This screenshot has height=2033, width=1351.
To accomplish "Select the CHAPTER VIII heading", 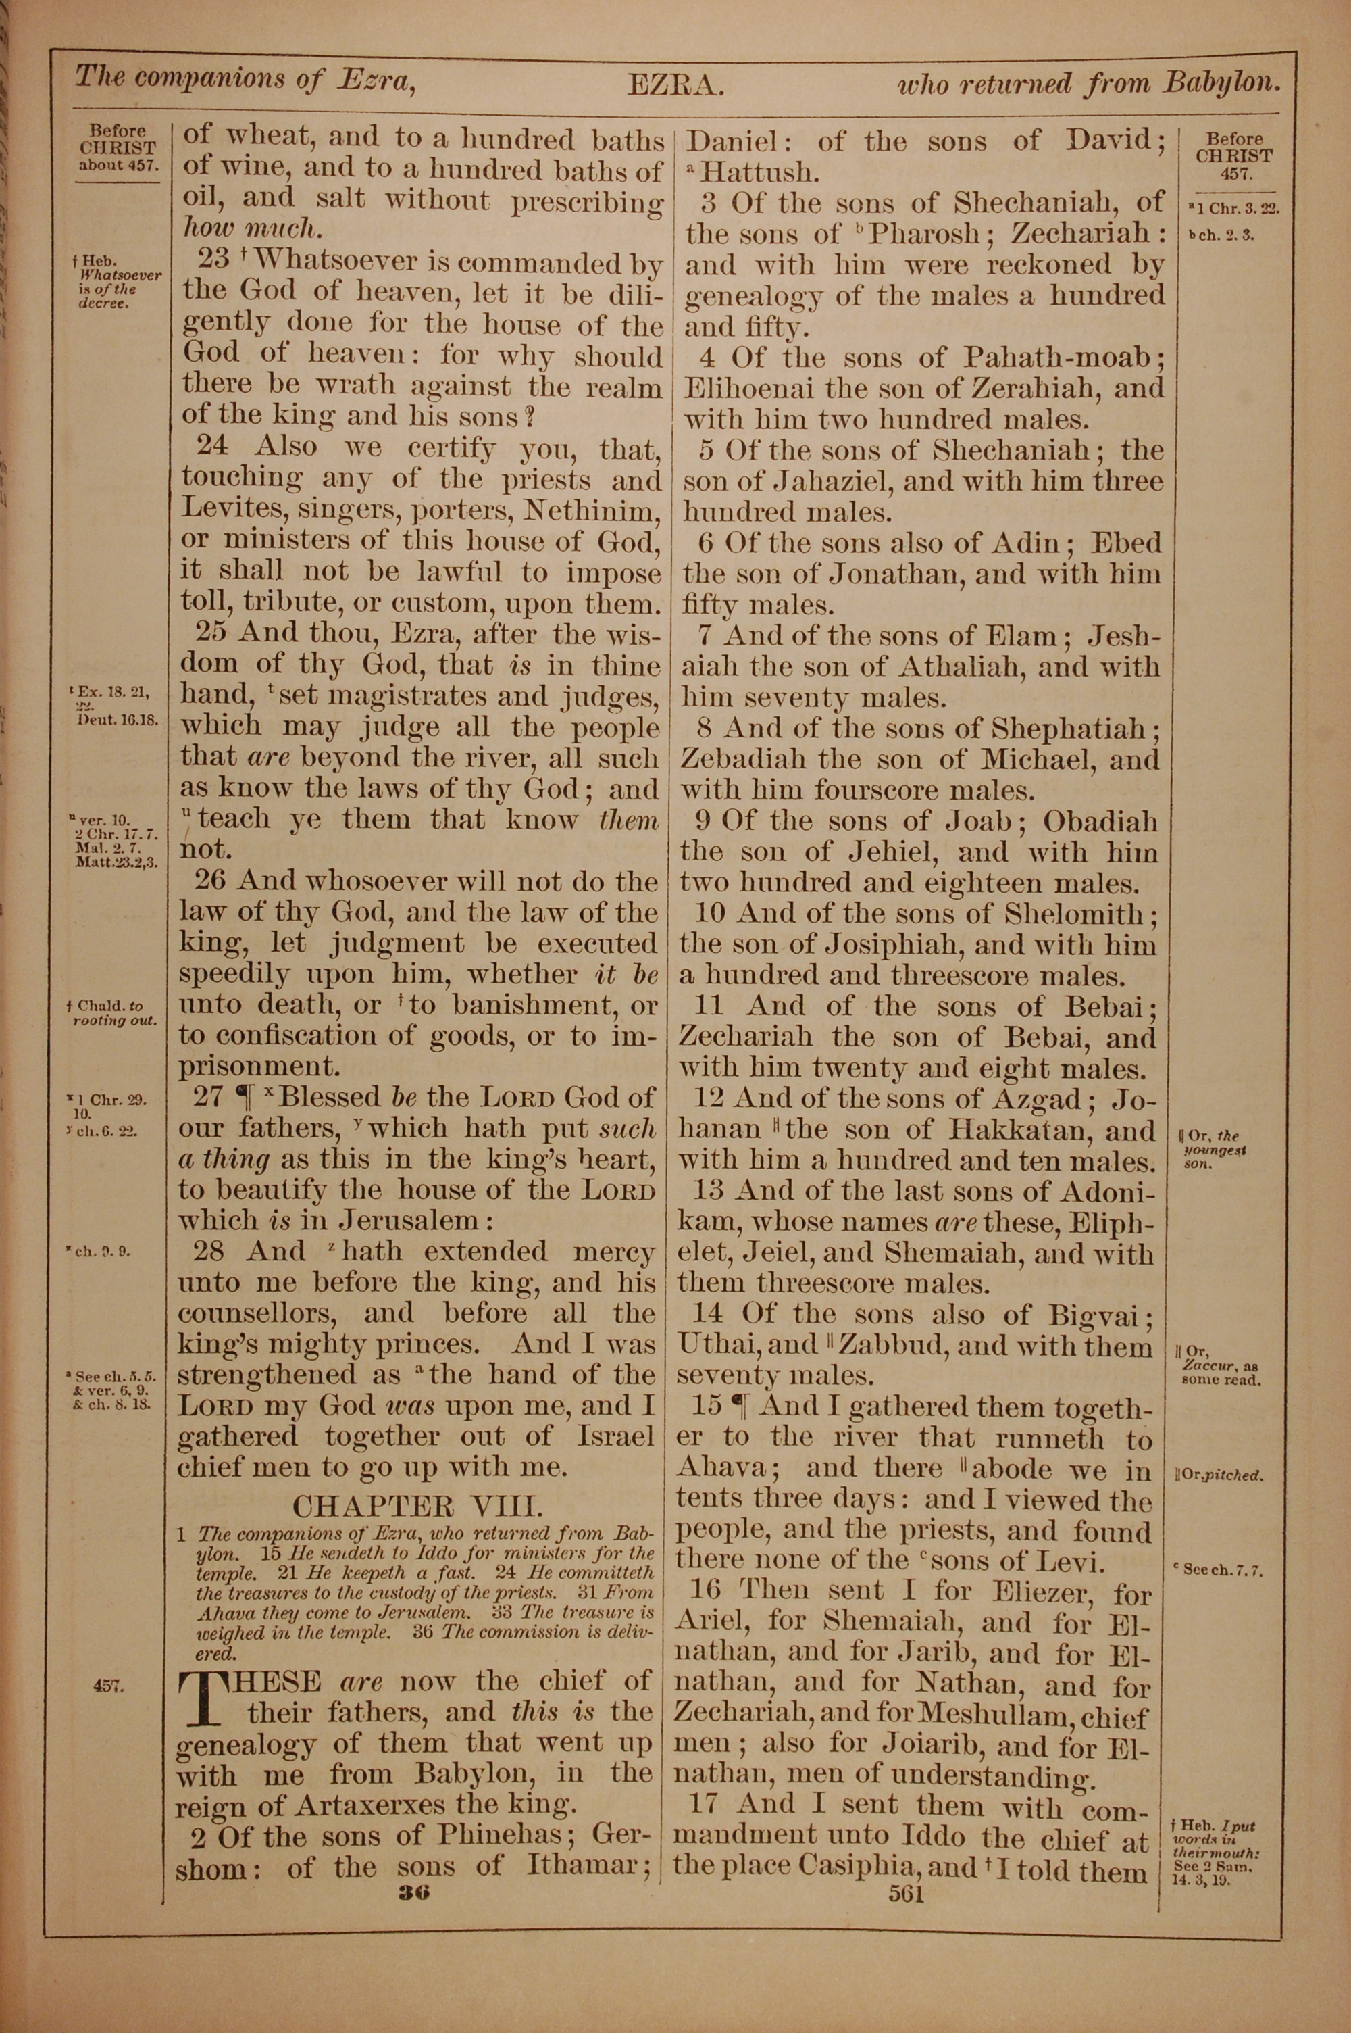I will (418, 1506).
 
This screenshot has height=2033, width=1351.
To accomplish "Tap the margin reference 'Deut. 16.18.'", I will (118, 721).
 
